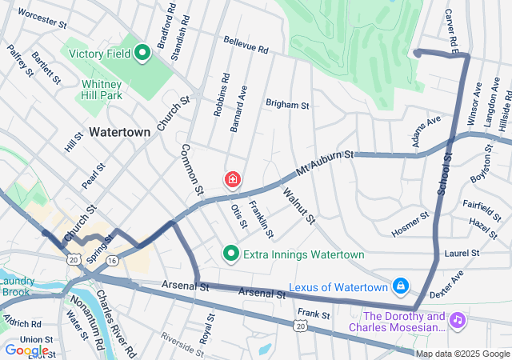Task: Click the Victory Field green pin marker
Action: pyautogui.click(x=143, y=54)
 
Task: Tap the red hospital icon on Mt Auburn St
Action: pyautogui.click(x=233, y=180)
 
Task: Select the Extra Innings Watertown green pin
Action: pyautogui.click(x=231, y=254)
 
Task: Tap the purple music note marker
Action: pyautogui.click(x=457, y=319)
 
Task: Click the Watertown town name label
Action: pyautogui.click(x=120, y=131)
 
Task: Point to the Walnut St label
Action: pyautogui.click(x=298, y=205)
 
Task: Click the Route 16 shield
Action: pyautogui.click(x=112, y=261)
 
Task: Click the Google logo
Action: pyautogui.click(x=26, y=350)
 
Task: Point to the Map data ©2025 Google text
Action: pyautogui.click(x=462, y=354)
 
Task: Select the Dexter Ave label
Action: pyautogui.click(x=446, y=286)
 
